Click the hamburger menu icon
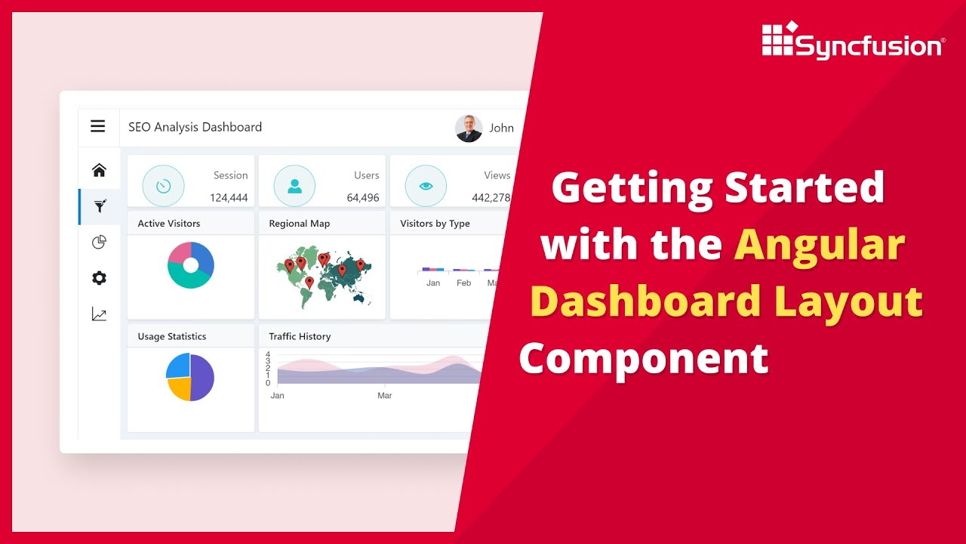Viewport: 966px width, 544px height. (98, 126)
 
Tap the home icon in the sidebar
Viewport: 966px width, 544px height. (99, 170)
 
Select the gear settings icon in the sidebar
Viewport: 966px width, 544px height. (99, 278)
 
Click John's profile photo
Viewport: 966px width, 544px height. (469, 128)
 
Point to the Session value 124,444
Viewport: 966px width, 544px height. (229, 198)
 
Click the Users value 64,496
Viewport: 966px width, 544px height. (363, 198)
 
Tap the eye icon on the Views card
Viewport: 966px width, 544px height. (426, 186)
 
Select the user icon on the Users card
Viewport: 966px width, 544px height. (294, 186)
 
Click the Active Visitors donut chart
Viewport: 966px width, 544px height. (191, 265)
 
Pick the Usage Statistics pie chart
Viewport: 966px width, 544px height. (190, 377)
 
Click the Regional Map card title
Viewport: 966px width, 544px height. (299, 224)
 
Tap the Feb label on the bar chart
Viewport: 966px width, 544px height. (463, 283)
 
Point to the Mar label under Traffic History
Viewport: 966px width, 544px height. (385, 396)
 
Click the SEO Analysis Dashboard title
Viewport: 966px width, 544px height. (195, 127)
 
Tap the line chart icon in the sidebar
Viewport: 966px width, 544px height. (99, 314)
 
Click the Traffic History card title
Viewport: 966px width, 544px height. (300, 336)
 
